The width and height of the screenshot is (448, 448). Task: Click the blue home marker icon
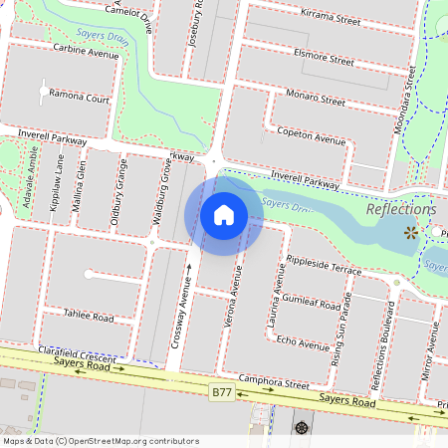(223, 214)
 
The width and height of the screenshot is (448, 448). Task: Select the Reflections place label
(400, 210)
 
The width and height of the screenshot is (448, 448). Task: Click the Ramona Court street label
(82, 100)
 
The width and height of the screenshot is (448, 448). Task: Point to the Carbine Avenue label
(86, 52)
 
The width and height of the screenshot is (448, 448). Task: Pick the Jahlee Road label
(89, 314)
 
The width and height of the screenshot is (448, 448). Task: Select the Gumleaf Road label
(312, 300)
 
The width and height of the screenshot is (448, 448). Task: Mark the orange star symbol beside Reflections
(410, 233)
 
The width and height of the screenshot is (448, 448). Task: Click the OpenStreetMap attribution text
(100, 441)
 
